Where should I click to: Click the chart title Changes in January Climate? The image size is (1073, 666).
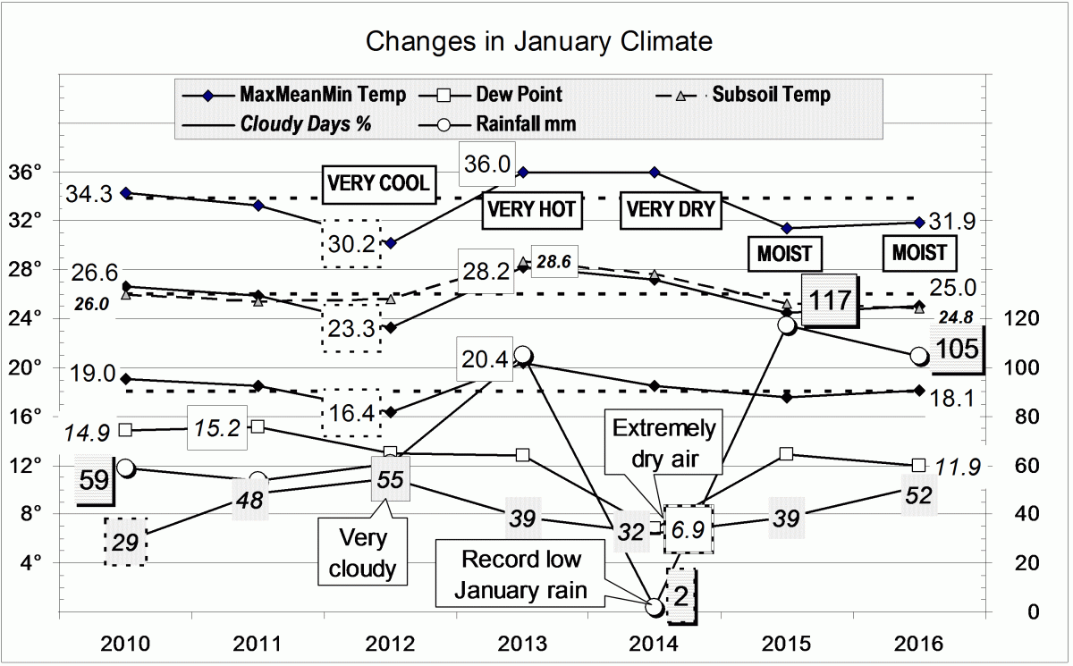(x=540, y=41)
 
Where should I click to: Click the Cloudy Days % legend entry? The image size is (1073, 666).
(x=305, y=124)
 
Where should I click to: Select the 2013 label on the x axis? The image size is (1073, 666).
(x=522, y=644)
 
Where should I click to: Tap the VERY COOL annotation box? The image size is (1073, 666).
(x=378, y=182)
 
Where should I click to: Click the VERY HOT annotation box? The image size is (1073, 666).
(x=530, y=210)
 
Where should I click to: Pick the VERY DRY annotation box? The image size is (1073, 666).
(x=670, y=209)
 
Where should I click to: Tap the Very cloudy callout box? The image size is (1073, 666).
(x=364, y=551)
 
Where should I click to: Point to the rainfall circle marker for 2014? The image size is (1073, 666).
(x=655, y=607)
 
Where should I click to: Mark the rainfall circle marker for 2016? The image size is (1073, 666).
(x=918, y=356)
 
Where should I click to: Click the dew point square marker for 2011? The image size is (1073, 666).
(x=258, y=426)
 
